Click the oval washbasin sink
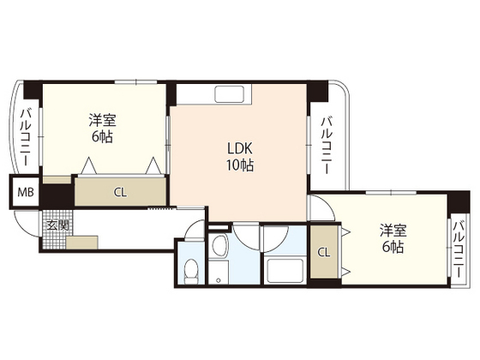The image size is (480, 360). [219, 249]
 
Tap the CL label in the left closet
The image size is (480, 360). [121, 191]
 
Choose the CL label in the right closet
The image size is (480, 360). [323, 253]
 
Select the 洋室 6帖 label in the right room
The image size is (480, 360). [393, 239]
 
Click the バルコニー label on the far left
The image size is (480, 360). [26, 137]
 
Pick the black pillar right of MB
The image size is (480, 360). [57, 194]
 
